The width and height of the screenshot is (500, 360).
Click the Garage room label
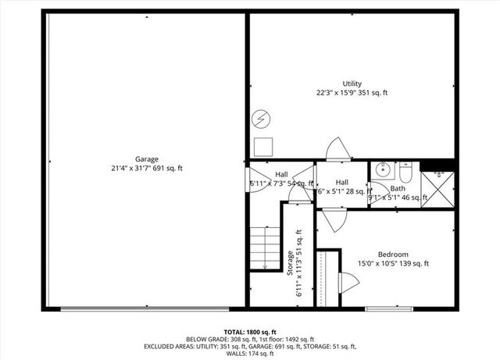tap(146, 159)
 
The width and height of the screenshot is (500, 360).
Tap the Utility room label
tap(352, 84)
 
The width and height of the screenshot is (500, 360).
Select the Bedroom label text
tap(392, 255)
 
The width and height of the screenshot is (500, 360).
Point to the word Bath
tap(398, 188)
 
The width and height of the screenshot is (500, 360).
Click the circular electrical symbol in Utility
tap(261, 120)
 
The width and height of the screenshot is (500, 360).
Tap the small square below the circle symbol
tap(262, 146)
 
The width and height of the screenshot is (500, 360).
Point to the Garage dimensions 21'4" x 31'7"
tap(146, 168)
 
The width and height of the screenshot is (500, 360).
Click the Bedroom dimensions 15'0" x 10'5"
tap(392, 264)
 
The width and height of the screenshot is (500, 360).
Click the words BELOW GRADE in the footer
tap(184, 340)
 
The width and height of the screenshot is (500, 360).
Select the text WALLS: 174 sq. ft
tap(249, 354)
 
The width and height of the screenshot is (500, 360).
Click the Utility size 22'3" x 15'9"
tap(352, 93)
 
